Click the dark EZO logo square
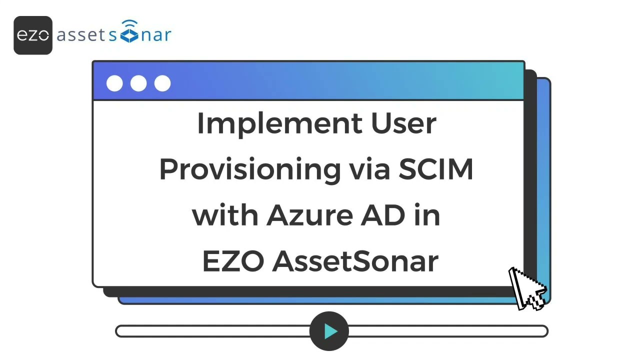point(33,35)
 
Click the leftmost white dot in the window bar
point(114,83)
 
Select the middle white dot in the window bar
point(138,83)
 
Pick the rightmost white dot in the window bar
point(162,83)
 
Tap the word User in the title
point(403,123)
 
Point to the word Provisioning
point(249,170)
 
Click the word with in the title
point(225,215)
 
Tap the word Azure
point(309,215)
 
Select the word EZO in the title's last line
point(232,261)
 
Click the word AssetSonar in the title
point(355,261)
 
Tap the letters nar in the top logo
point(156,35)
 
